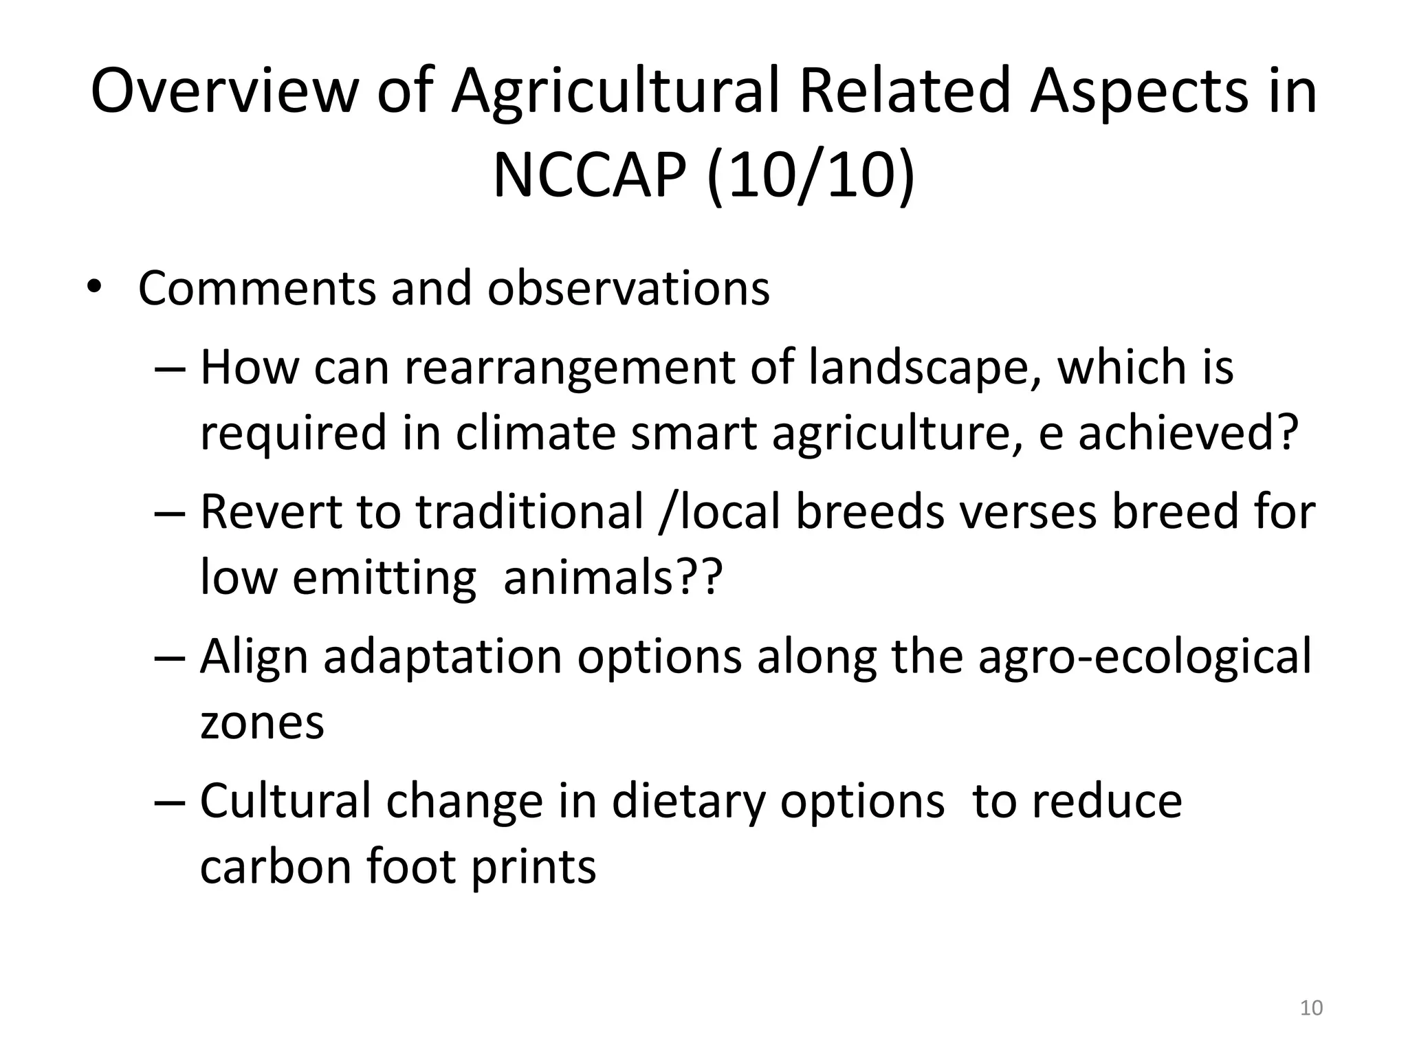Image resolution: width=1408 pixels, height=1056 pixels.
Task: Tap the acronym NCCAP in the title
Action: (589, 175)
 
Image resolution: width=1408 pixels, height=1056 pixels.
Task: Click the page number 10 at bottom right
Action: (1311, 1008)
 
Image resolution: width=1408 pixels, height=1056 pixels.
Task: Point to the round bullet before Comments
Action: (94, 289)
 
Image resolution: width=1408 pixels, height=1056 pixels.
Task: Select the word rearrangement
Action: (569, 367)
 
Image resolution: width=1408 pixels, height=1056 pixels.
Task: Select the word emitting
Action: (384, 577)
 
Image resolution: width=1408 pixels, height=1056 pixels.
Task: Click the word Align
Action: (254, 657)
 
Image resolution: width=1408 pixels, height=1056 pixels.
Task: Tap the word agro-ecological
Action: (1144, 657)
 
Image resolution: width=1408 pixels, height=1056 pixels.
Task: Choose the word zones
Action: (262, 723)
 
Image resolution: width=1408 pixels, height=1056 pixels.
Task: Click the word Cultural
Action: (285, 801)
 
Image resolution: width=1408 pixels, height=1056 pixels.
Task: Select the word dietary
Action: (688, 801)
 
